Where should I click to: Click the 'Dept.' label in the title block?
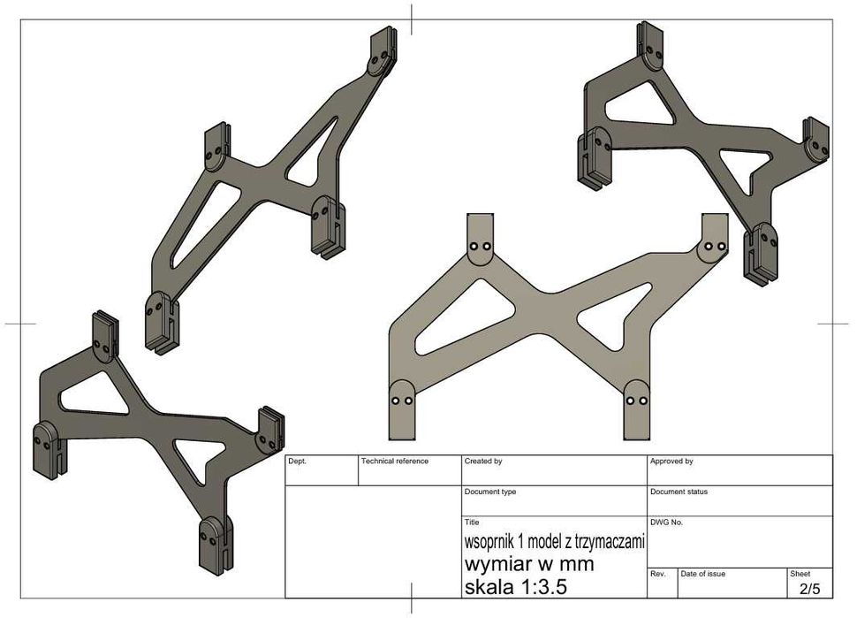click(x=298, y=461)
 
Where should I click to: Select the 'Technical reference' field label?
click(x=395, y=461)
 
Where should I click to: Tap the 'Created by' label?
click(x=483, y=461)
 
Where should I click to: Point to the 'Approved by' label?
click(x=671, y=461)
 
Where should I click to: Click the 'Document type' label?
click(x=490, y=492)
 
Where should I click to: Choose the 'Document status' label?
click(x=679, y=492)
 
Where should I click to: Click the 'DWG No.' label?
click(x=666, y=523)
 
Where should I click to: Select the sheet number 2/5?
click(x=810, y=589)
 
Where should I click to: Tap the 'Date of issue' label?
click(x=703, y=574)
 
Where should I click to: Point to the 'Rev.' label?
click(x=658, y=574)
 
